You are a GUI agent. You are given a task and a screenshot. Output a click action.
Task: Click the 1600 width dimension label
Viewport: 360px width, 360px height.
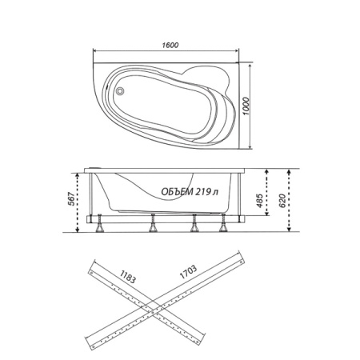(170, 45)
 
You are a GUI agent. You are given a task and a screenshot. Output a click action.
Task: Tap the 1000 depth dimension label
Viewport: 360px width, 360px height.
(246, 106)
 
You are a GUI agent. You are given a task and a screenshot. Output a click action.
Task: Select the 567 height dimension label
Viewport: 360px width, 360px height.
(71, 198)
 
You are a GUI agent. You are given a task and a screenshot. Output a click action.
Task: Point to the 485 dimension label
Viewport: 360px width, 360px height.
(259, 200)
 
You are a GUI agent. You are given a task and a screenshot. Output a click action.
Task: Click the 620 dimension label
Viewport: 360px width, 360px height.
(282, 201)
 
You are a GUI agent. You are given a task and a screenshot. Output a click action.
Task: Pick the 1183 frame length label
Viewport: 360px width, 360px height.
(128, 277)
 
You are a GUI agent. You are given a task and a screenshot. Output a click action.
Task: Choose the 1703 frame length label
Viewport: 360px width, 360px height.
(188, 272)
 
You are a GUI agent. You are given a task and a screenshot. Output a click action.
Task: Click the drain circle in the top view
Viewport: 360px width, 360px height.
(120, 91)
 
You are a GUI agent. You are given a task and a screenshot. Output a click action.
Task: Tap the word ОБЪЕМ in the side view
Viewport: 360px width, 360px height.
(177, 191)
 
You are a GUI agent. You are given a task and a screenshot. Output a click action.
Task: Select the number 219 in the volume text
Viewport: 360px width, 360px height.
(203, 191)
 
